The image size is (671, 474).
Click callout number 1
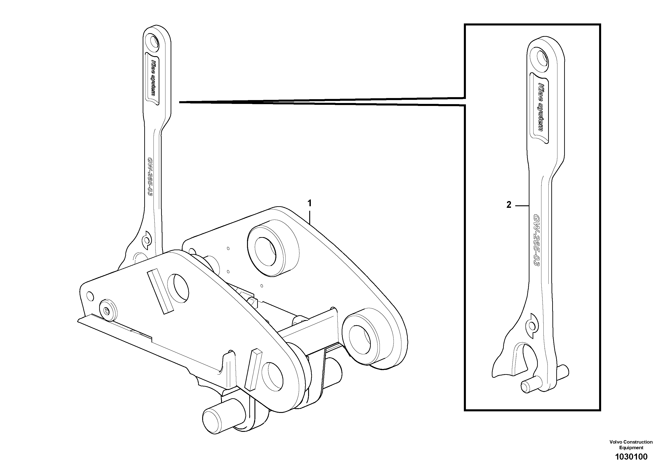(309, 203)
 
